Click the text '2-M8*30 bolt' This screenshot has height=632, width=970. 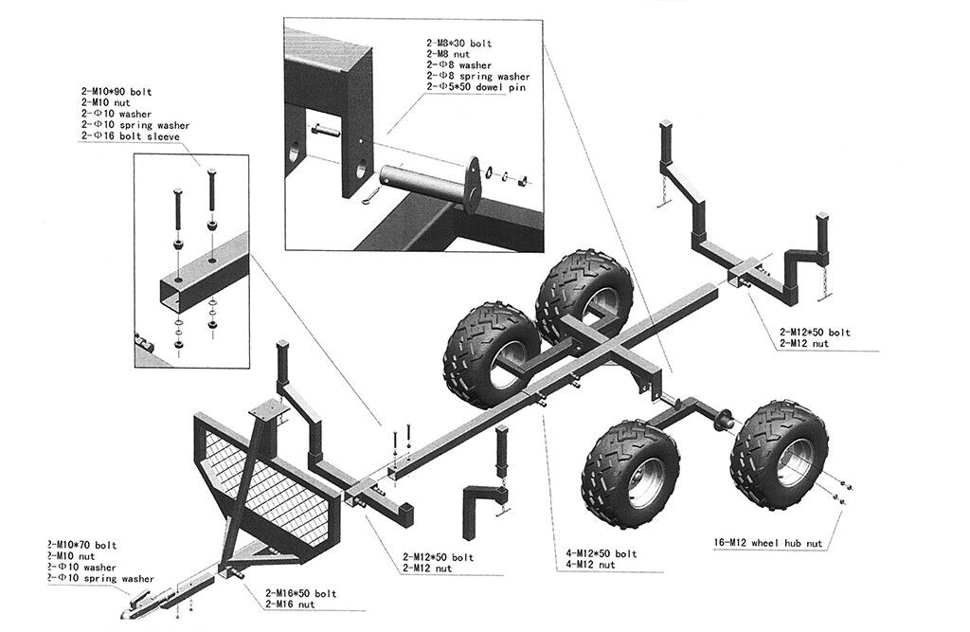click(x=459, y=45)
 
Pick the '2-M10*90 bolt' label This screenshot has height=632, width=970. click(x=117, y=92)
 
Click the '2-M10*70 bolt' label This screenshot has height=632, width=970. click(x=82, y=545)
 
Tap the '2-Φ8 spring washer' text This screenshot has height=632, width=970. click(x=477, y=77)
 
